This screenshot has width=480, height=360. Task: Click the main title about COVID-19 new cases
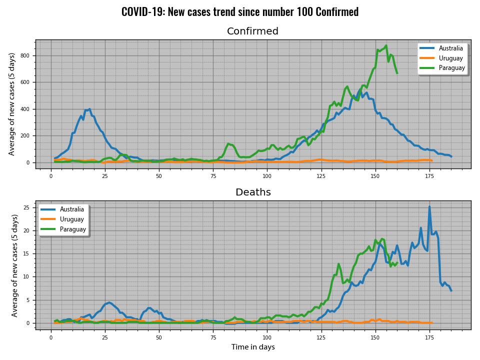click(240, 12)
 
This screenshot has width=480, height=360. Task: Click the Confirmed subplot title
click(252, 31)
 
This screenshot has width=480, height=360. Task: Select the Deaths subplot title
click(253, 192)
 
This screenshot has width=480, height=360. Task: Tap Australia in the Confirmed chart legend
click(451, 48)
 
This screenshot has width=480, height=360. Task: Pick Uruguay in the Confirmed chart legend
click(450, 58)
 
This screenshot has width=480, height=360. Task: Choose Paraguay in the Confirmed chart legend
click(451, 68)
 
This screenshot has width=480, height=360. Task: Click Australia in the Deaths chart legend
click(72, 209)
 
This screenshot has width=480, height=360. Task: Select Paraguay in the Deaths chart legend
click(73, 229)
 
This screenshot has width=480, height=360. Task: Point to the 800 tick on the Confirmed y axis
click(26, 55)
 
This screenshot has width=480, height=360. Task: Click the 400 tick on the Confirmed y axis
click(26, 109)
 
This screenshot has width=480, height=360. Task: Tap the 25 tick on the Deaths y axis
click(27, 207)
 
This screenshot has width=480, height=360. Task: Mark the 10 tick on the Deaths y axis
click(27, 277)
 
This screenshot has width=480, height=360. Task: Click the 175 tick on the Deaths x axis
click(429, 338)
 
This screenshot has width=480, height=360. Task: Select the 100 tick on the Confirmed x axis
click(267, 177)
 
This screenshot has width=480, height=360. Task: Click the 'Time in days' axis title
click(252, 347)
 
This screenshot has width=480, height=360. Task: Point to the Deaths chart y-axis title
click(15, 265)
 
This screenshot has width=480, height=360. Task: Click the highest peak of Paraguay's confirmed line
click(386, 45)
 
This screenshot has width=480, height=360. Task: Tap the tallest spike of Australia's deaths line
click(429, 206)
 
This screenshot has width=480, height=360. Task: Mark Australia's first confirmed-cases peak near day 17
click(89, 109)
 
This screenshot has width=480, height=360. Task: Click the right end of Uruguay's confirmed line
click(431, 160)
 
